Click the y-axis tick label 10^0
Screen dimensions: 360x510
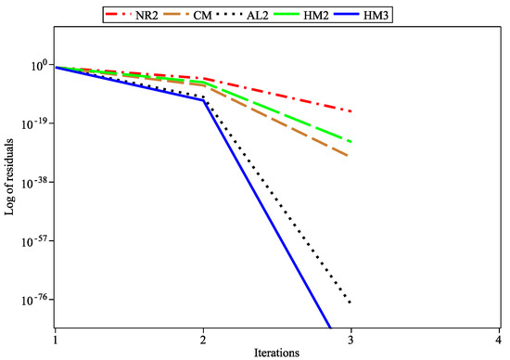[38, 65]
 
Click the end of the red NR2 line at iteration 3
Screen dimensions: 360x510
[351, 110]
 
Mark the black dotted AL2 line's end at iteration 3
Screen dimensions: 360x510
[351, 303]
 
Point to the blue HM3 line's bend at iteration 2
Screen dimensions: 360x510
[203, 100]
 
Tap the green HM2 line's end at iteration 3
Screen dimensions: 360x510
[351, 141]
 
